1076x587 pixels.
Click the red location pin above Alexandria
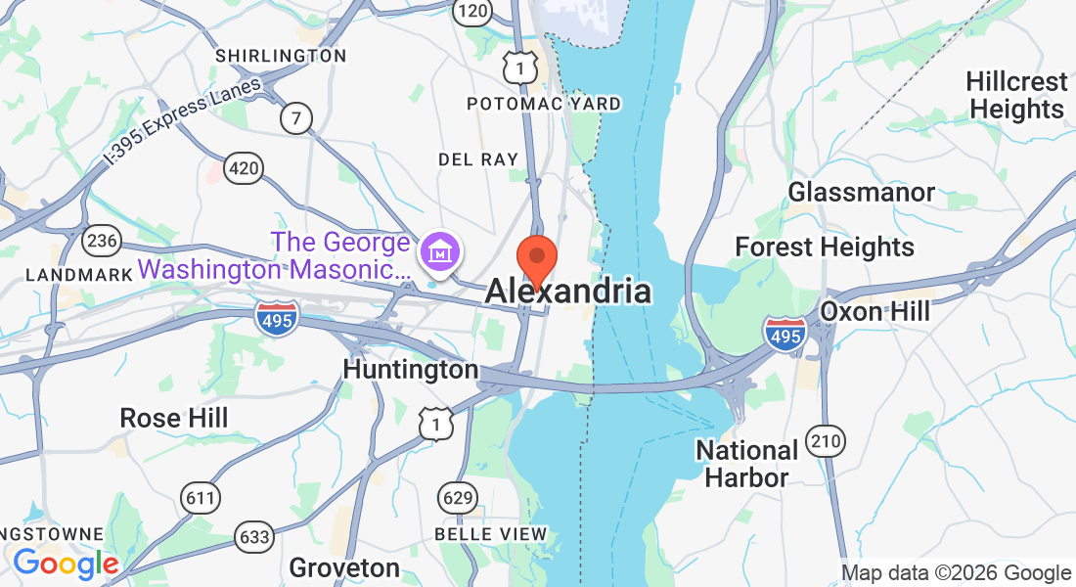(537, 257)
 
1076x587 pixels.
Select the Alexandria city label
(567, 291)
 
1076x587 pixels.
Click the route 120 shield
(471, 11)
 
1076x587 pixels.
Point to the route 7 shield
(295, 118)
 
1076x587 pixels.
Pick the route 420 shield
(244, 169)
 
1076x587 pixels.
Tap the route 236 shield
(102, 240)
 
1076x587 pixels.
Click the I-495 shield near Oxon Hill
(786, 333)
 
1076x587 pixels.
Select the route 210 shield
(827, 441)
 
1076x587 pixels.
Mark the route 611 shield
(200, 498)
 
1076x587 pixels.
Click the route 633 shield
(254, 535)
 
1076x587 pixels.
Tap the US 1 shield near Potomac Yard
(520, 66)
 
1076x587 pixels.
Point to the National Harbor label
(746, 464)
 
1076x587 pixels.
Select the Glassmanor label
(862, 192)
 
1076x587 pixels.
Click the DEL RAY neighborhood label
(478, 158)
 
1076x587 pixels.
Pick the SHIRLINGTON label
(281, 56)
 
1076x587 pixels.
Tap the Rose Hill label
(174, 418)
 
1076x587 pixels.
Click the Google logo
(66, 564)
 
